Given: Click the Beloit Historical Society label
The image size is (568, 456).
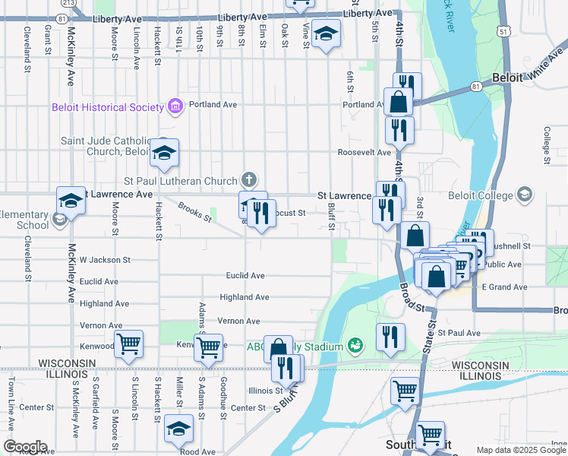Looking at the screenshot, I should point(107,107).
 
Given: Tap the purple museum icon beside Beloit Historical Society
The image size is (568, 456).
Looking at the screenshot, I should point(175,106).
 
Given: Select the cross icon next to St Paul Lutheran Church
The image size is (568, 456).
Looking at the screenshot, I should point(248,181).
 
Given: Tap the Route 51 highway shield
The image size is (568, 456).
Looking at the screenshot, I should point(504,31).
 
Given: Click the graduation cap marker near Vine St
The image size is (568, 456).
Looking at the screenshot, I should point(326,34).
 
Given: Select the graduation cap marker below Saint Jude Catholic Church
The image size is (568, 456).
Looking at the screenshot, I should point(163,153).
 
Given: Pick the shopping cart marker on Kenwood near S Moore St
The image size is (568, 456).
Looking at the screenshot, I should point(128,344).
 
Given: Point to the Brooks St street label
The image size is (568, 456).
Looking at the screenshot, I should point(195,212).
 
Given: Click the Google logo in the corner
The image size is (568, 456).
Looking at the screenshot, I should point(25,447).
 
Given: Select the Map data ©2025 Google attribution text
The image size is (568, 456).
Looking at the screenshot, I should point(520,450).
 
